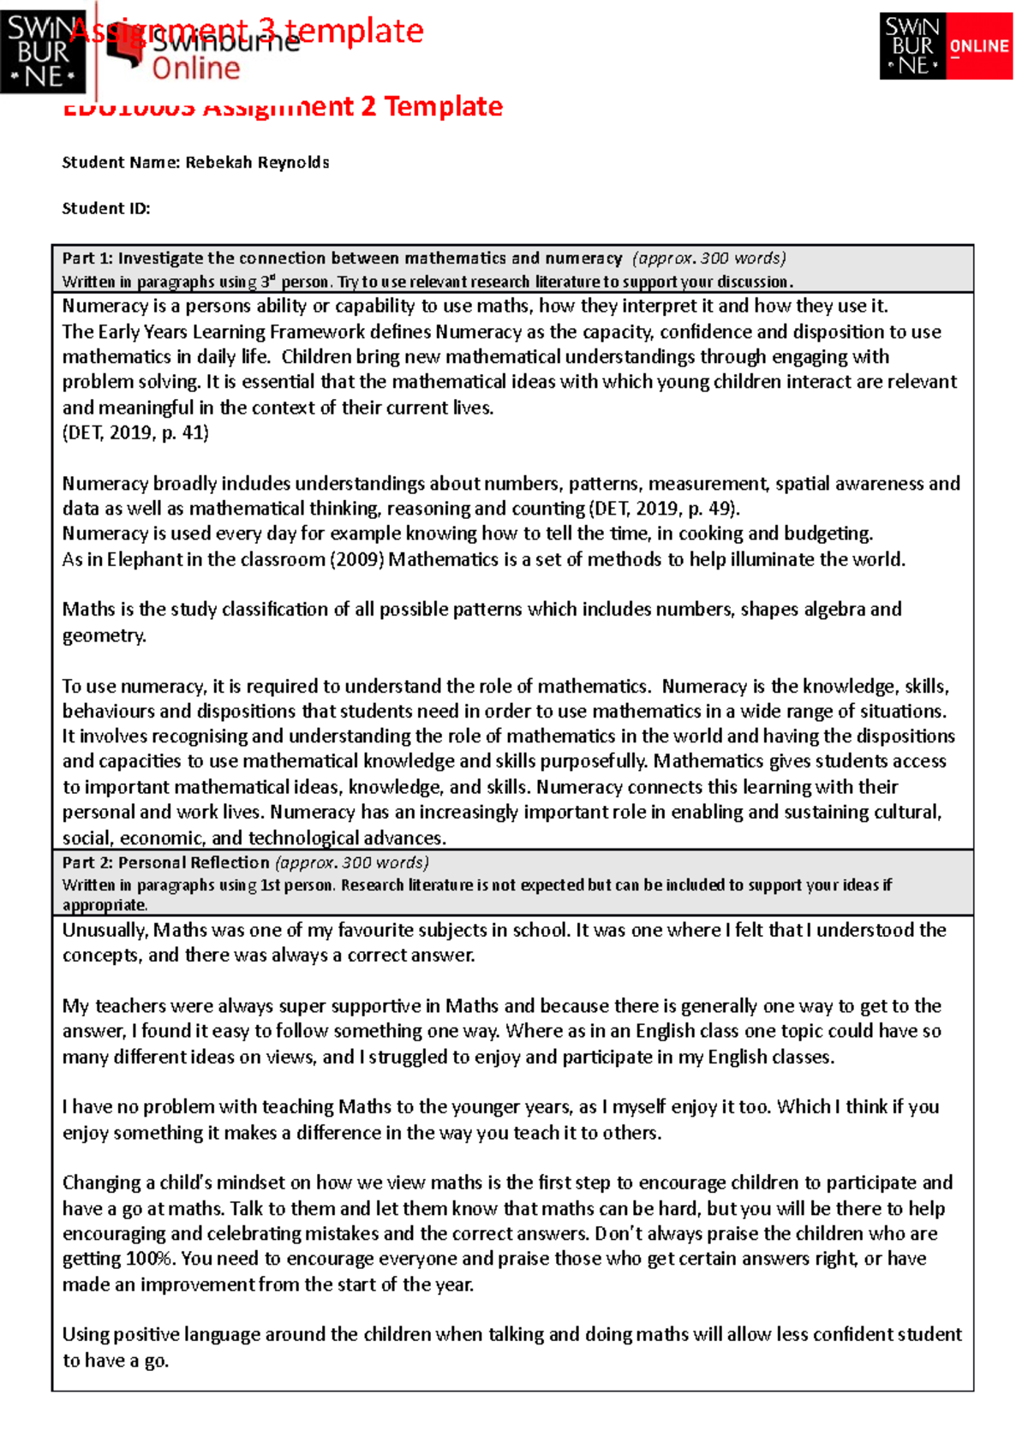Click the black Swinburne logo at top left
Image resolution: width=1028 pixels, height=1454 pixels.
point(43,51)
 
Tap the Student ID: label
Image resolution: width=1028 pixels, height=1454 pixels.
point(106,208)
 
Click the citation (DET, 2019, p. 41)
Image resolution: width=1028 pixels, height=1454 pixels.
point(135,432)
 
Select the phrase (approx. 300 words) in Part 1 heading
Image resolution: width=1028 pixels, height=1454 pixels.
point(708,258)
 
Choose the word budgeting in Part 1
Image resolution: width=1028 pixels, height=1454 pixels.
point(828,533)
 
